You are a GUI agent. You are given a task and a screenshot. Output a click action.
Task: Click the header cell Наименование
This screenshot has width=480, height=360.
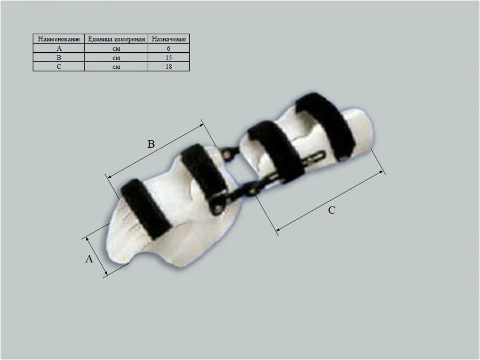(59, 39)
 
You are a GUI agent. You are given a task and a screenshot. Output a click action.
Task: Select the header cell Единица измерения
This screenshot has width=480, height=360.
(116, 39)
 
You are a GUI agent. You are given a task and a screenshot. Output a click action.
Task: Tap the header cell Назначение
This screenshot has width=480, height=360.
(169, 39)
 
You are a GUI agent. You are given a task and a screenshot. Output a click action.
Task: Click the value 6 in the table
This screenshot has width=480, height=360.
(169, 49)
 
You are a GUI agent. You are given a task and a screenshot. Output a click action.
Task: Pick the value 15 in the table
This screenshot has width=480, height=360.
(169, 58)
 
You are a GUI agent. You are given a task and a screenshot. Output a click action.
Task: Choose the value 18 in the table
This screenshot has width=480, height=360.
(169, 67)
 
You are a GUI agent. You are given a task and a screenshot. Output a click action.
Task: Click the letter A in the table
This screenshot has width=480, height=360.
(59, 49)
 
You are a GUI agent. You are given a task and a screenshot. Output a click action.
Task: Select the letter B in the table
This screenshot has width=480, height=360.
(59, 58)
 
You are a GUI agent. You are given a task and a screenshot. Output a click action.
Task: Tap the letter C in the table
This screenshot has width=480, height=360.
(59, 67)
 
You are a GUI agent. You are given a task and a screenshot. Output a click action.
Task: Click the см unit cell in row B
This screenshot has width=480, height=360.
(116, 58)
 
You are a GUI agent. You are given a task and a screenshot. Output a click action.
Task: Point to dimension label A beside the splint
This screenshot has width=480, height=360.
(90, 259)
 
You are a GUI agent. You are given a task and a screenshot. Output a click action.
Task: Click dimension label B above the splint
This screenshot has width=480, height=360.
(151, 144)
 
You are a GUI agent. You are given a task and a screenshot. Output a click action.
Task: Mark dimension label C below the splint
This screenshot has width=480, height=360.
(331, 210)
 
